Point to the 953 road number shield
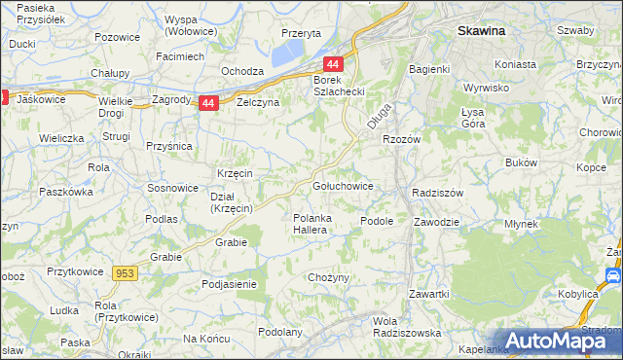(125, 275)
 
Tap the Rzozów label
(400, 139)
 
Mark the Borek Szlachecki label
(338, 87)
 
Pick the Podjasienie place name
(229, 284)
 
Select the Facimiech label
(180, 56)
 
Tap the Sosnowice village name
(171, 187)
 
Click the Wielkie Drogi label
(115, 107)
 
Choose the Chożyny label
(328, 278)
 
